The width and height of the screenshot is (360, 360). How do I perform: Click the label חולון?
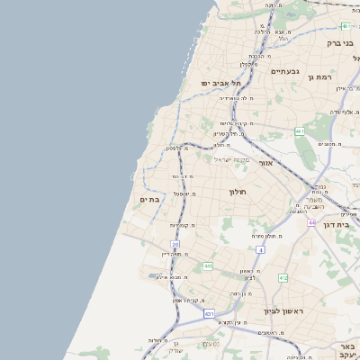click(x=238, y=192)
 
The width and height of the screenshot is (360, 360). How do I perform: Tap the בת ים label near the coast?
click(x=149, y=199)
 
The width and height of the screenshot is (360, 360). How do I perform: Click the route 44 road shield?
click(x=311, y=222)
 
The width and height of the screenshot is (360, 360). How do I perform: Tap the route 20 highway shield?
click(x=175, y=244)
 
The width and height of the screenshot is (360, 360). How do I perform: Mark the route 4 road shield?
click(x=259, y=249)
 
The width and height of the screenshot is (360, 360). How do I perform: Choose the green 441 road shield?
click(x=300, y=132)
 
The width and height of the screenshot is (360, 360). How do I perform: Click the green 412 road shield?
click(x=283, y=278)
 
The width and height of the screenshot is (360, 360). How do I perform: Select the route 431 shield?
click(x=209, y=314)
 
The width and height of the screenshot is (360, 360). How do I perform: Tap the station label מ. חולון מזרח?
click(x=265, y=236)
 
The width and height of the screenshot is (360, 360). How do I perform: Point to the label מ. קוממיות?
click(x=182, y=225)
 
